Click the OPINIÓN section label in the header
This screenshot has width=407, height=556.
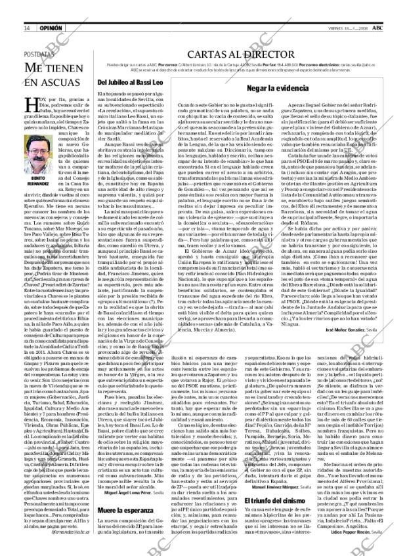(x=51, y=28)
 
